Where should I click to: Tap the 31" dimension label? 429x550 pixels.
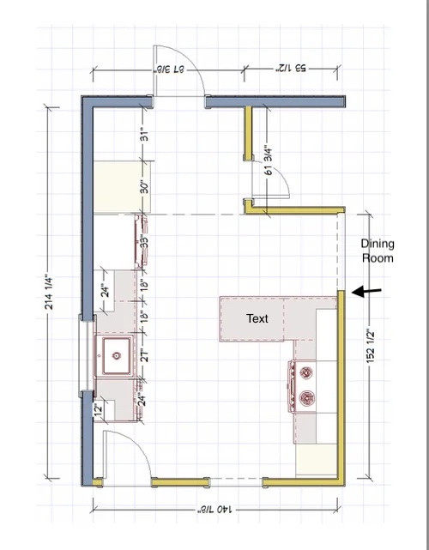146,135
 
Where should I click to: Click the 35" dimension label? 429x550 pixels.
146,241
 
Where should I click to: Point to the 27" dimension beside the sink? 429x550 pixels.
146,354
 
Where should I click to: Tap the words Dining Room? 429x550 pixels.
377,251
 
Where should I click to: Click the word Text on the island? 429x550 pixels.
257,318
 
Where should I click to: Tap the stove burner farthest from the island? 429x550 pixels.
305,398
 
